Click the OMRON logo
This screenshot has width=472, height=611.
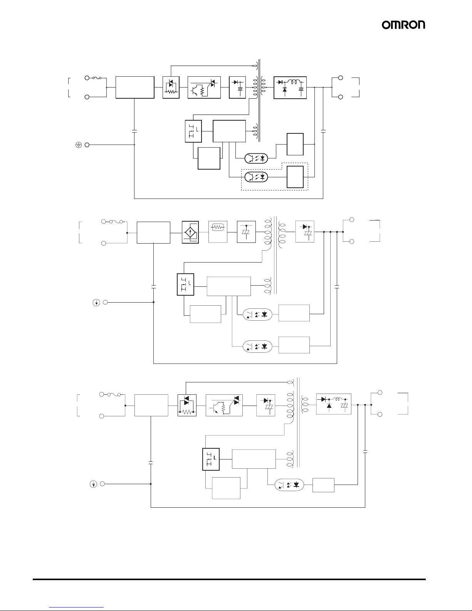click(403, 25)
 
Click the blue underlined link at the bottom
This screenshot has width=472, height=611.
click(76, 608)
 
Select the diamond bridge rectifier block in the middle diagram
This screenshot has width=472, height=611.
click(190, 232)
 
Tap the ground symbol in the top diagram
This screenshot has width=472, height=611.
click(78, 145)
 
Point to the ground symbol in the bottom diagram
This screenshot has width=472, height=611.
click(93, 484)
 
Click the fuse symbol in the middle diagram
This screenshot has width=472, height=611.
click(116, 222)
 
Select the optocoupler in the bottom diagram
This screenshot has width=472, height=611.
click(289, 485)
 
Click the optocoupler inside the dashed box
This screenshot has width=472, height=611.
click(256, 177)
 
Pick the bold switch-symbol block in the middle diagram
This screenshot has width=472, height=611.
click(185, 284)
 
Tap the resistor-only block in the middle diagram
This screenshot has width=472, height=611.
click(218, 232)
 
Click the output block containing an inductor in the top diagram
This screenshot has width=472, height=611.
click(290, 88)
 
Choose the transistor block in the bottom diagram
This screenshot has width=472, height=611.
click(224, 405)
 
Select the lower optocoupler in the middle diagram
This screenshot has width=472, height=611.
click(257, 347)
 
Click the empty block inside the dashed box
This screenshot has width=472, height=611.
click(295, 177)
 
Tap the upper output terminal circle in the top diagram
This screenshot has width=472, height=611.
click(341, 78)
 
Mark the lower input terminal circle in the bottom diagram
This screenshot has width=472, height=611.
click(101, 416)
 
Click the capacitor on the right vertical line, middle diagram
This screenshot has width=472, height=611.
click(337, 287)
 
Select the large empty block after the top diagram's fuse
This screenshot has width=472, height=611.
click(135, 88)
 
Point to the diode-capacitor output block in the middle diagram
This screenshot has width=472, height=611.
click(305, 231)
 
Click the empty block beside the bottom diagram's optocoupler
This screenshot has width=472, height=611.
click(323, 485)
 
